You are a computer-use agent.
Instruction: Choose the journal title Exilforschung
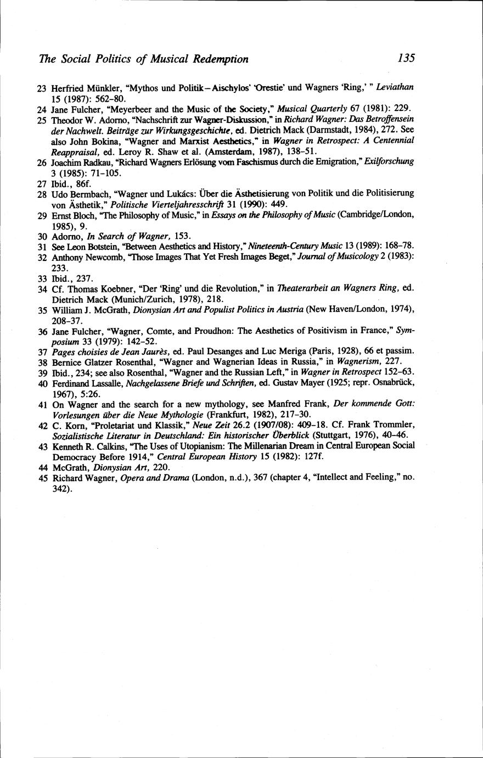tap(390, 162)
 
